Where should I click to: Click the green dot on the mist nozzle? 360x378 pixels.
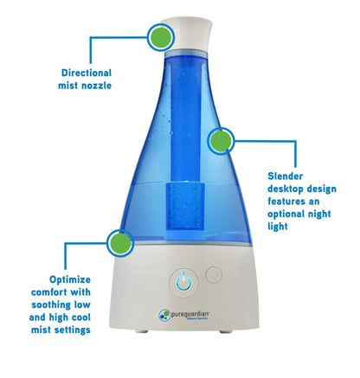pos(160,37)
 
